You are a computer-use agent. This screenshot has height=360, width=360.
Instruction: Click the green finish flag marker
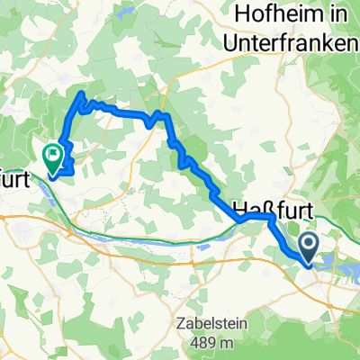click(x=53, y=158)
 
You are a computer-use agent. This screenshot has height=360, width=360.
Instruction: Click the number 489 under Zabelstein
click(x=198, y=342)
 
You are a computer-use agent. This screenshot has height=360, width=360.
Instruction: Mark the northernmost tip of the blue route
click(x=83, y=93)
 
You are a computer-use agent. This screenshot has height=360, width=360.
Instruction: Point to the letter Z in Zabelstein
click(x=176, y=320)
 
